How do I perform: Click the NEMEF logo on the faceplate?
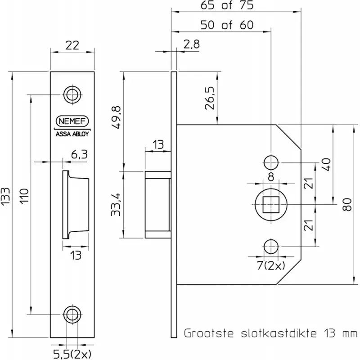(72, 121)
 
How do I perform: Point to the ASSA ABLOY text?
(72, 133)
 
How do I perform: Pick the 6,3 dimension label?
(79, 154)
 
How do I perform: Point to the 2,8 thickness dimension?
(191, 45)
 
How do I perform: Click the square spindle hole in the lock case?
(270, 204)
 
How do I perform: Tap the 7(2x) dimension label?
(271, 265)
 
